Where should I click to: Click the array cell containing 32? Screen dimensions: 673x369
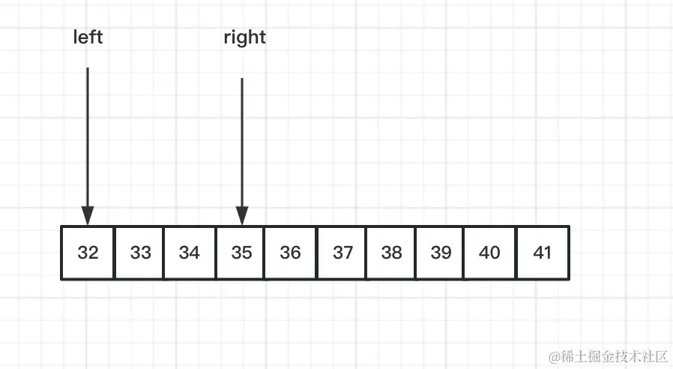point(88,253)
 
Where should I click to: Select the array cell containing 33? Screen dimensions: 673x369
point(140,253)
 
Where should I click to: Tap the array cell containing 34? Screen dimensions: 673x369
point(190,253)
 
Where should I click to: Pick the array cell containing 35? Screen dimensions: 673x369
point(241,253)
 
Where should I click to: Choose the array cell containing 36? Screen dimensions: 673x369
point(291,253)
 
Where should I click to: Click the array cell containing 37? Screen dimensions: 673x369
point(342,253)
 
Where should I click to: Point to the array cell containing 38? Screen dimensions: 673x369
point(391,253)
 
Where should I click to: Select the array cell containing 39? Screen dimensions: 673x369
point(441,253)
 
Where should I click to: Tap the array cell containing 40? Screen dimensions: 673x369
point(489,253)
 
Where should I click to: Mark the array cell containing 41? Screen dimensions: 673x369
point(543,253)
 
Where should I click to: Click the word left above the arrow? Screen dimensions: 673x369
point(88,37)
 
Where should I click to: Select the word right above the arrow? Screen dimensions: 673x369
point(245,37)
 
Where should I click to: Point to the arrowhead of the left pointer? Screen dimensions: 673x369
point(88,216)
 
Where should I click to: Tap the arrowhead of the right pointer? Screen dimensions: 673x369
point(242,216)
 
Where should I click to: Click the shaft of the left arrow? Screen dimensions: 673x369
point(88,135)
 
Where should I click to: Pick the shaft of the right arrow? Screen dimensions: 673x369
point(242,142)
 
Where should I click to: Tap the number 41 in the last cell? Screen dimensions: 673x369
point(543,253)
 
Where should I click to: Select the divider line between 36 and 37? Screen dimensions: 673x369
point(317,253)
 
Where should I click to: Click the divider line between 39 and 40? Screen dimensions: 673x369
point(465,253)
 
